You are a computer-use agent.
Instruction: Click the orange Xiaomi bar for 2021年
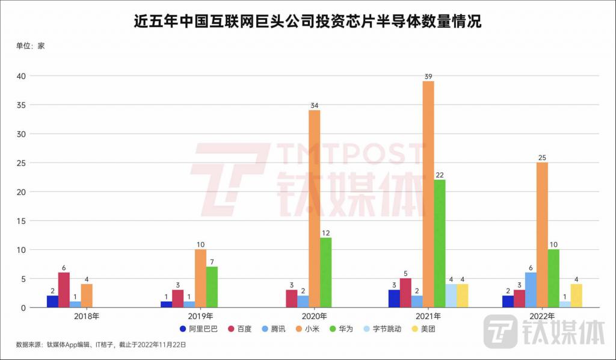coord(428,194)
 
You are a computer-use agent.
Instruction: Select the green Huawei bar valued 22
coord(440,243)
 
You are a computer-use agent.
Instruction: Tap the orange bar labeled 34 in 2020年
coord(315,209)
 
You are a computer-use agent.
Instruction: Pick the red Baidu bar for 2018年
coord(64,290)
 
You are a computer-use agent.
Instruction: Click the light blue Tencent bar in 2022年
coord(531,290)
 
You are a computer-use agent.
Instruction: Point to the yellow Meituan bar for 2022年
coord(576,296)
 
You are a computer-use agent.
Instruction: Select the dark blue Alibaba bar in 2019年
coord(167,305)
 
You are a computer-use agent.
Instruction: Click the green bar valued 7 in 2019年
coord(212,287)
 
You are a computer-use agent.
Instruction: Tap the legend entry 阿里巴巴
coord(198,329)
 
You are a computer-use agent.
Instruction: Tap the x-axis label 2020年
coord(314,315)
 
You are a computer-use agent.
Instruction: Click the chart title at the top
coord(307,22)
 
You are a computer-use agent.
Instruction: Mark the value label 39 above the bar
coord(428,76)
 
